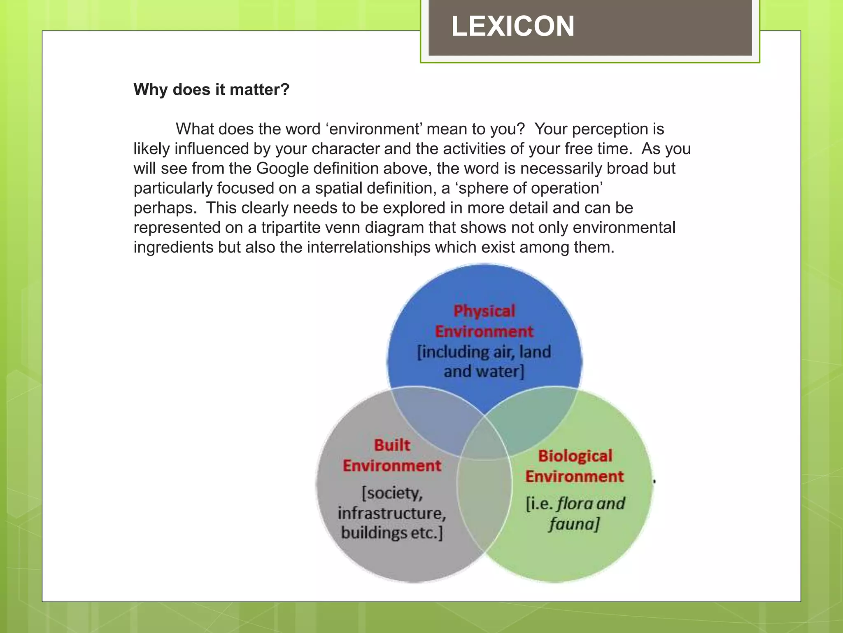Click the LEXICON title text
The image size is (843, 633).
coord(512,26)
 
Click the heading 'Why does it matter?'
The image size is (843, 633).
coord(212,89)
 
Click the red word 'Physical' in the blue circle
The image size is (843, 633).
coord(484,311)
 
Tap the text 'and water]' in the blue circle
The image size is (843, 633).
coord(484,372)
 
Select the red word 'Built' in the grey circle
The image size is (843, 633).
coord(392,445)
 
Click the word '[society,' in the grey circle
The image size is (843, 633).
coord(392,493)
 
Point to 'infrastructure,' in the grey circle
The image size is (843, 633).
coord(392,513)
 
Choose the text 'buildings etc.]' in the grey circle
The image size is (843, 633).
coord(392,533)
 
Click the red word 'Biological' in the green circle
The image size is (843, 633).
coord(575,456)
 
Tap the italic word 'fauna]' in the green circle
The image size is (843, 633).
coord(574,524)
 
